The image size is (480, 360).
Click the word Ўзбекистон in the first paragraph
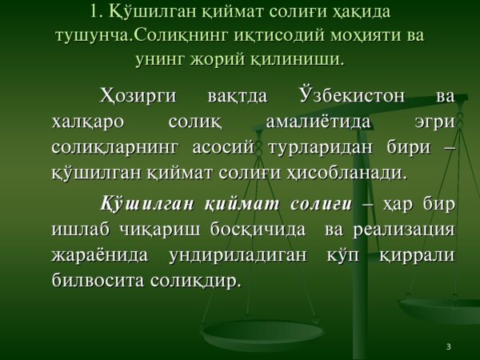[352, 95]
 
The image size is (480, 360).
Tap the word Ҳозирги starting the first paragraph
[138, 97]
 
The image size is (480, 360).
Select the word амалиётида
[318, 122]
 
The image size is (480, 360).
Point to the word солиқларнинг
[114, 149]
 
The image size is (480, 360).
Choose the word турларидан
[321, 149]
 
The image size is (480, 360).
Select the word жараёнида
[100, 255]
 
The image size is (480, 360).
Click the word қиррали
[418, 256]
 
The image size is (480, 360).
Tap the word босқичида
[258, 230]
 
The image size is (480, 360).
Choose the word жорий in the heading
[218, 60]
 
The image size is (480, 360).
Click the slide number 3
[449, 347]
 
